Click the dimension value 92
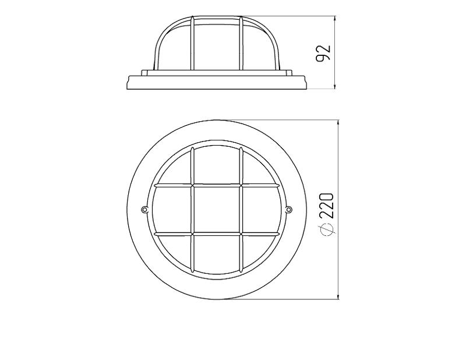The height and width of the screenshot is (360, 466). [323, 54]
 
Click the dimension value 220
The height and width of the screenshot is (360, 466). [327, 206]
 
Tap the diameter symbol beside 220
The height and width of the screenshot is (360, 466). [327, 229]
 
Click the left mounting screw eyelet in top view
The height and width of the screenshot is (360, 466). [144, 209]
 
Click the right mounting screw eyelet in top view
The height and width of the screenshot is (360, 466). [288, 209]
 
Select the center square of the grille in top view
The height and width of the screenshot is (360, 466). [216, 210]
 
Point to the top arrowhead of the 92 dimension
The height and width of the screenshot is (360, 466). [336, 19]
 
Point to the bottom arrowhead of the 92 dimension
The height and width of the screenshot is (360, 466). [336, 86]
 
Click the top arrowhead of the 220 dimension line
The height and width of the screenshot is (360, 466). [338, 123]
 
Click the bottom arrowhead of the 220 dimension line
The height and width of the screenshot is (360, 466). [338, 296]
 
